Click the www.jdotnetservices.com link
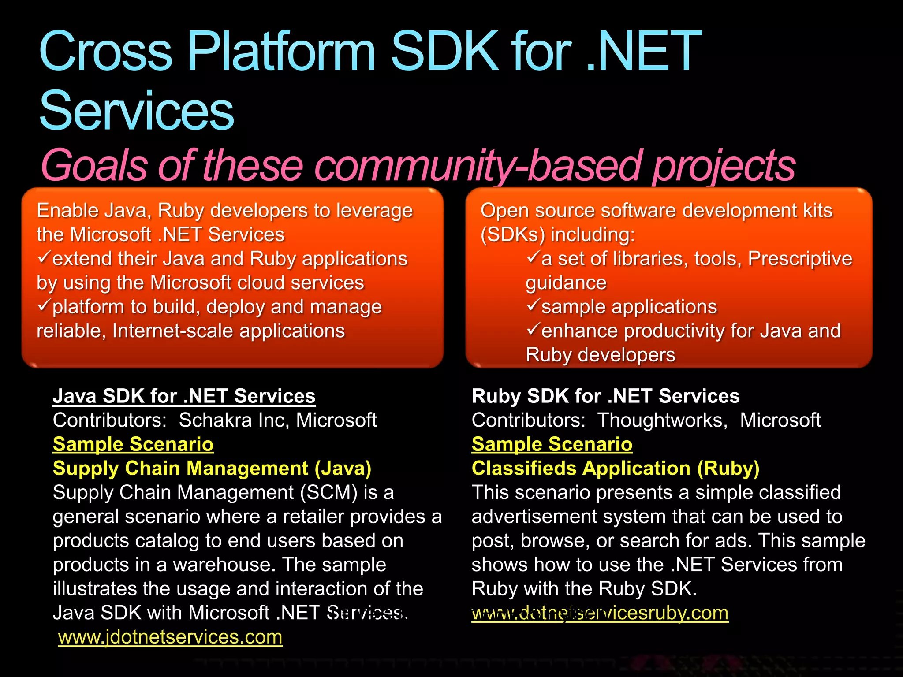[170, 637]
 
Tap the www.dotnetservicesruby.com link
[600, 613]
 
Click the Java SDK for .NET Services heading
[184, 396]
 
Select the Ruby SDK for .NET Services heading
[605, 396]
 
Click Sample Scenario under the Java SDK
[133, 444]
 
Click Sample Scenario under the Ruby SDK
[552, 444]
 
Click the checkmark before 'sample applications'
[533, 305]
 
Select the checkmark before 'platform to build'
[44, 305]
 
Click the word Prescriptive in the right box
[800, 258]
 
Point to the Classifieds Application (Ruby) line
[615, 468]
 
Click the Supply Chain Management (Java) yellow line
[212, 468]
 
